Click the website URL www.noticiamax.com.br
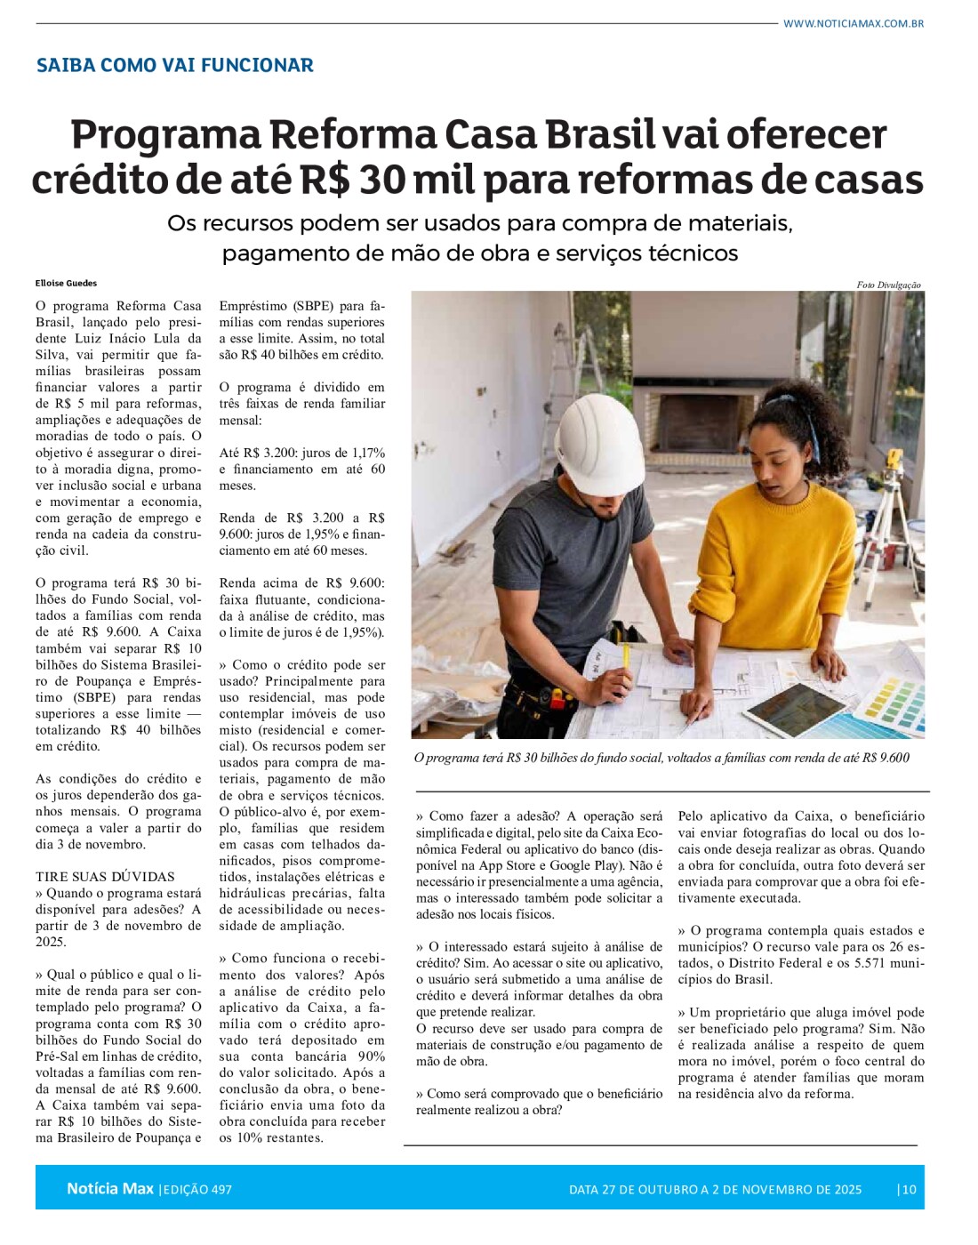853,23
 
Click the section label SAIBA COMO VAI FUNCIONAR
175,65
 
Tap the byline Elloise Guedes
67,283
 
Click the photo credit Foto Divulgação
888,285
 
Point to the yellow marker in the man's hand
625,656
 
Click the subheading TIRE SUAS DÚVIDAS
105,876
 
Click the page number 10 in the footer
908,1189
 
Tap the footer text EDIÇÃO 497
197,1189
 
